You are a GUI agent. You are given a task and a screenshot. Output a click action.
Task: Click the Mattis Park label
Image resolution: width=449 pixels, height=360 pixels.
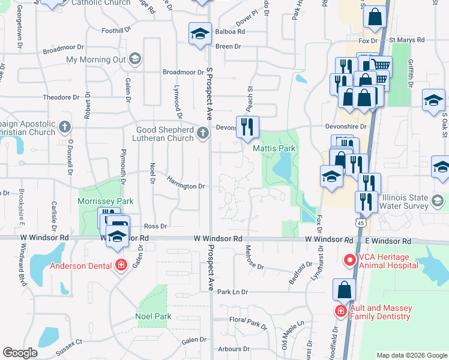pyautogui.click(x=274, y=148)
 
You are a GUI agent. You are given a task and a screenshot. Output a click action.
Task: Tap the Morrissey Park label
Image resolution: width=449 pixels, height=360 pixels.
pyautogui.click(x=105, y=202)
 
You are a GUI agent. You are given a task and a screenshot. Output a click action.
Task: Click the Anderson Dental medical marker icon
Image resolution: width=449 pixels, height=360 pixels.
pyautogui.click(x=121, y=265)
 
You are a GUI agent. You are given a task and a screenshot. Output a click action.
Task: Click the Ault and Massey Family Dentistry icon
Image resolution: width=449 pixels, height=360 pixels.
pyautogui.click(x=340, y=311)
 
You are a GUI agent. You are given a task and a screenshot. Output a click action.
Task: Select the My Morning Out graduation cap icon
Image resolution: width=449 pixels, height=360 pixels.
pyautogui.click(x=134, y=59)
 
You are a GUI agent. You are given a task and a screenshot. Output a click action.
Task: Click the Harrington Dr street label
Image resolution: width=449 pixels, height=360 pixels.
pyautogui.click(x=186, y=187)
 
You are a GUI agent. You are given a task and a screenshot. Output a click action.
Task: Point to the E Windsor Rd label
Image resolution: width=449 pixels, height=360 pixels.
pyautogui.click(x=390, y=241)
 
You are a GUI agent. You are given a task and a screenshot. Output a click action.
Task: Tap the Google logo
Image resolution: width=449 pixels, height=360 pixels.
pyautogui.click(x=20, y=353)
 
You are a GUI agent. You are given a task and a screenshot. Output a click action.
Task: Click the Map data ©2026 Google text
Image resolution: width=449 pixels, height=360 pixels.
pyautogui.click(x=411, y=355)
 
